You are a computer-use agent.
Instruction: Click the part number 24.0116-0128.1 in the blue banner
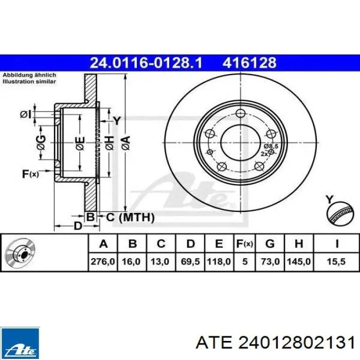click(x=146, y=63)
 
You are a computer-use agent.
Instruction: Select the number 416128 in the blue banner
click(x=249, y=63)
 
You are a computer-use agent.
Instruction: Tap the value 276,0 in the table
click(x=103, y=261)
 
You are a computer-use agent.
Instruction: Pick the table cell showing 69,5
click(x=190, y=261)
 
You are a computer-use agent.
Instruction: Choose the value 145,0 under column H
click(x=299, y=261)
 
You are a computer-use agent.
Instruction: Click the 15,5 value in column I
click(x=336, y=261)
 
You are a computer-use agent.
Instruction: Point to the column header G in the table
click(x=270, y=244)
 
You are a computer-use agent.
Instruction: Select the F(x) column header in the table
click(x=245, y=244)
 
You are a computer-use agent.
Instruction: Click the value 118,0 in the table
click(x=219, y=261)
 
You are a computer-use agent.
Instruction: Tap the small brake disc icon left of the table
click(x=21, y=253)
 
